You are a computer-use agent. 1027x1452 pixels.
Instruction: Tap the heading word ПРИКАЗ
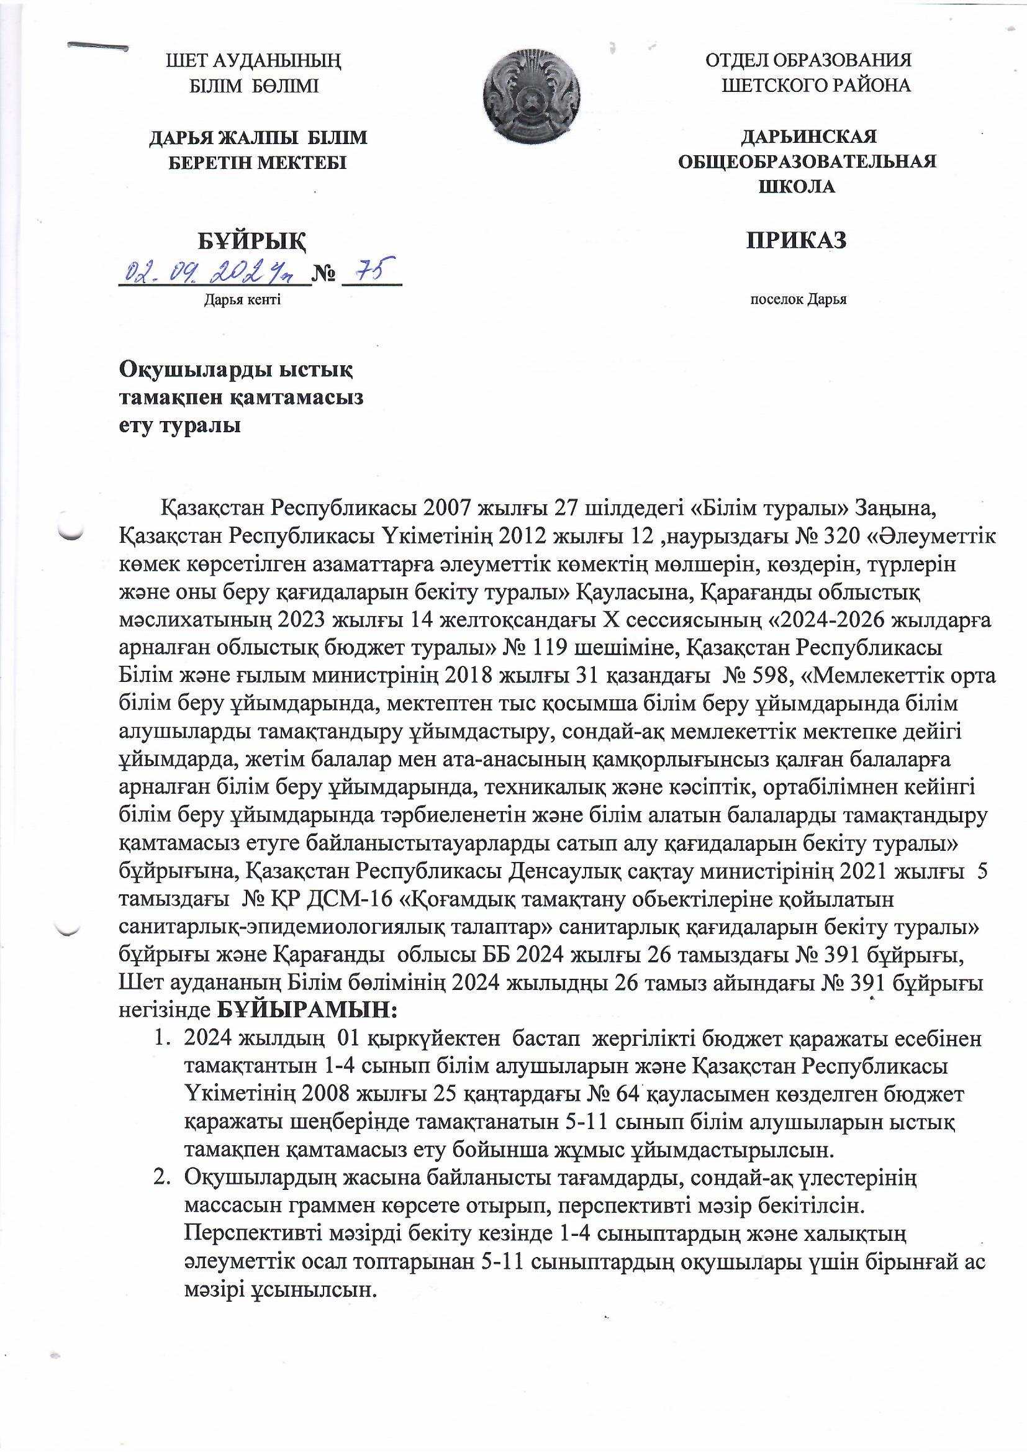tap(796, 241)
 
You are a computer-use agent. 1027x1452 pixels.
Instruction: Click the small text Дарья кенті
tap(242, 301)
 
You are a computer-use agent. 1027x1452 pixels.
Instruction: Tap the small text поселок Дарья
tap(798, 301)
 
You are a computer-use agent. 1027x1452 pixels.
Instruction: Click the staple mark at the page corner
tap(98, 46)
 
